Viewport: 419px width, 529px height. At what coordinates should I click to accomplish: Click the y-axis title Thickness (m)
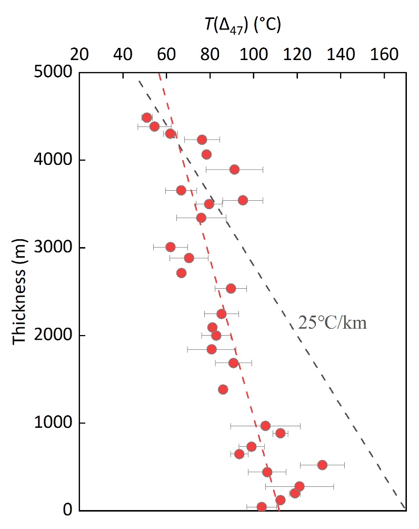point(19,291)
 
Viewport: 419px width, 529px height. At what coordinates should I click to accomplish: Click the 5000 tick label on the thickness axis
point(53,72)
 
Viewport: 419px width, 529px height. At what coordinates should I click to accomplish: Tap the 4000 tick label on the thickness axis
point(53,160)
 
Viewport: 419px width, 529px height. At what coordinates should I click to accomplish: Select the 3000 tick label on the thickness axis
point(53,248)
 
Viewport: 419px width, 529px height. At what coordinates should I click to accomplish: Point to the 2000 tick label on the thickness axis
point(53,336)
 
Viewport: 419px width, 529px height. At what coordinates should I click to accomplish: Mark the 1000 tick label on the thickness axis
point(53,423)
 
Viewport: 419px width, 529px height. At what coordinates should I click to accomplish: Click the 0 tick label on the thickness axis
point(67,511)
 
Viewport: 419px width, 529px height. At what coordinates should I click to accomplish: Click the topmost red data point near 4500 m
point(147,117)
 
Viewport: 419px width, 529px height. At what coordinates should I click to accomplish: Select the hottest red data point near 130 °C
point(322,465)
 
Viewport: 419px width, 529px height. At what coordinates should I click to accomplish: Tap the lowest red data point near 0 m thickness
point(262,507)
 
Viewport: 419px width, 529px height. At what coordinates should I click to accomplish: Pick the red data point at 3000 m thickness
point(170,247)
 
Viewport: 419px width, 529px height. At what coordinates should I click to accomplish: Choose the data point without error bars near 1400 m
point(223,389)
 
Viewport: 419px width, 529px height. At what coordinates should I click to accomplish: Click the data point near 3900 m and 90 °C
point(234,169)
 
